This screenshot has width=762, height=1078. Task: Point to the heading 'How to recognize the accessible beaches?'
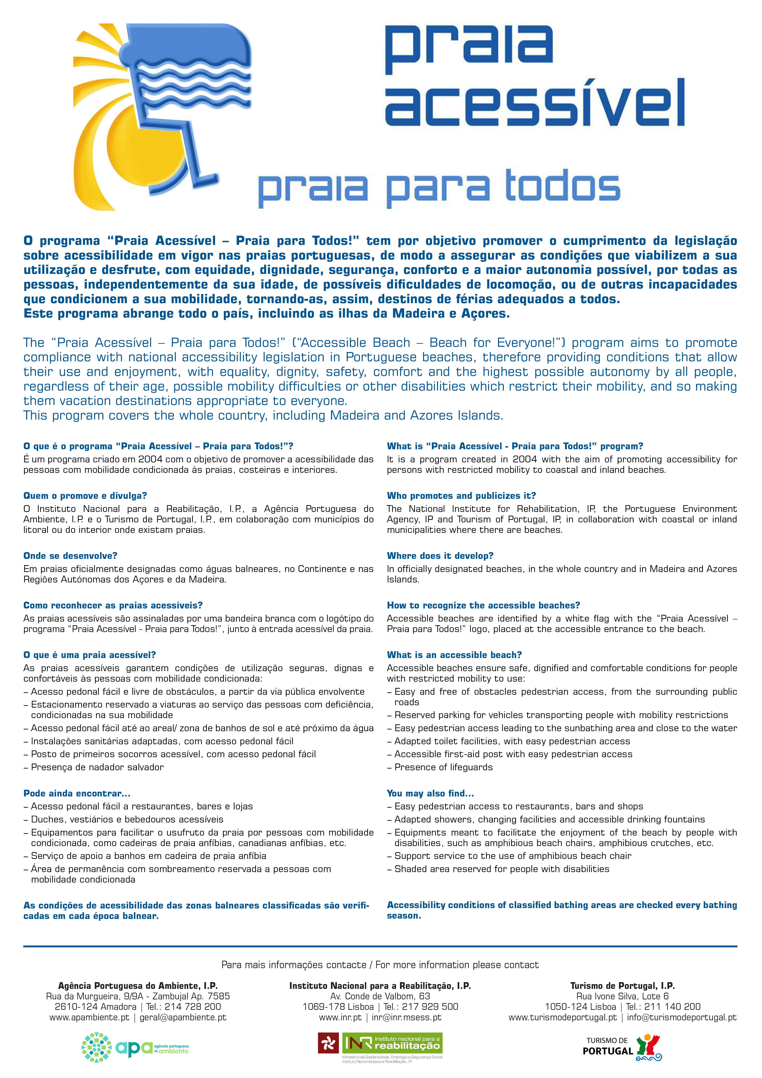[483, 605]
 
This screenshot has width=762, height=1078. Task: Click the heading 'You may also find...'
[430, 793]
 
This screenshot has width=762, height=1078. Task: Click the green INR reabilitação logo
[392, 1043]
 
